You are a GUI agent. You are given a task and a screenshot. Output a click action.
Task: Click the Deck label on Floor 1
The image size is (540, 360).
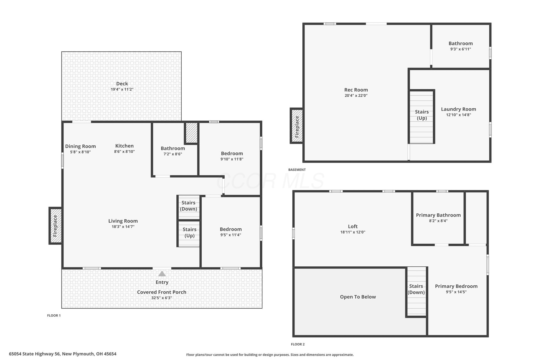click(x=122, y=84)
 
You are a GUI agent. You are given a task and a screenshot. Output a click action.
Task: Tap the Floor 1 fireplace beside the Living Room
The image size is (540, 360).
click(x=55, y=226)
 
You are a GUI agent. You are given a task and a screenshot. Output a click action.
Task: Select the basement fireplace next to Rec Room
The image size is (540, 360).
click(x=297, y=126)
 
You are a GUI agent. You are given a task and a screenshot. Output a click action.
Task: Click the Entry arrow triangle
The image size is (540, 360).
click(x=162, y=274)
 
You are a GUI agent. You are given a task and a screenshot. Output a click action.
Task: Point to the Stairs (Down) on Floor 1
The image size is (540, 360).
click(x=189, y=207)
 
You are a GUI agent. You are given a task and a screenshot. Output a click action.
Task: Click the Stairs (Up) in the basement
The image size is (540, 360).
click(x=422, y=117)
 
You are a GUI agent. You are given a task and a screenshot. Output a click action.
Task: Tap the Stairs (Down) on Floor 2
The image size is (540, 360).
click(x=416, y=291)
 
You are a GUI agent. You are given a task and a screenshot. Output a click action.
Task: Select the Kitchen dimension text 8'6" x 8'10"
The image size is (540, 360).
click(x=124, y=151)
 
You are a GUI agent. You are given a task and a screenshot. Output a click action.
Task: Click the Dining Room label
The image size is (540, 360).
click(x=80, y=146)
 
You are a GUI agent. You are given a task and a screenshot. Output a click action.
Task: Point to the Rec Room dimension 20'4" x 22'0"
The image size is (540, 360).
click(x=356, y=95)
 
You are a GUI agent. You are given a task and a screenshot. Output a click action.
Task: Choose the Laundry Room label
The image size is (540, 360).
click(x=459, y=109)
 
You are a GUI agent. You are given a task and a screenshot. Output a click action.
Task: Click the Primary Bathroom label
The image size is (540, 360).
click(x=438, y=215)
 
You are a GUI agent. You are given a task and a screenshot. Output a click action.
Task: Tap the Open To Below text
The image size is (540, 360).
click(x=358, y=297)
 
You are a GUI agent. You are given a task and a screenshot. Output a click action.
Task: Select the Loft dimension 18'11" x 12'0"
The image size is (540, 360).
click(x=353, y=232)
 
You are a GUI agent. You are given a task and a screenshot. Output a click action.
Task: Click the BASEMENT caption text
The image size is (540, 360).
click(x=297, y=170)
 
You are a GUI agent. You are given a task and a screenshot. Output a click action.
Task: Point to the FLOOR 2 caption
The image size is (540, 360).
click(x=298, y=344)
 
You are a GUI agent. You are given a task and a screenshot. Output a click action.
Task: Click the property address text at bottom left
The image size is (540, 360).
click(x=62, y=354)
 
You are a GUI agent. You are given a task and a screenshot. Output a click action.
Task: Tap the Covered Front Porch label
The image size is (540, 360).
click(x=162, y=292)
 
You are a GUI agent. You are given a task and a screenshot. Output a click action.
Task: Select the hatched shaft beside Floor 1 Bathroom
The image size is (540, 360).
click(x=191, y=133)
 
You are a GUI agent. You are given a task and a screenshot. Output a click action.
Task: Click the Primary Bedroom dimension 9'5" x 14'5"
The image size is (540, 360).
click(x=456, y=292)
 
